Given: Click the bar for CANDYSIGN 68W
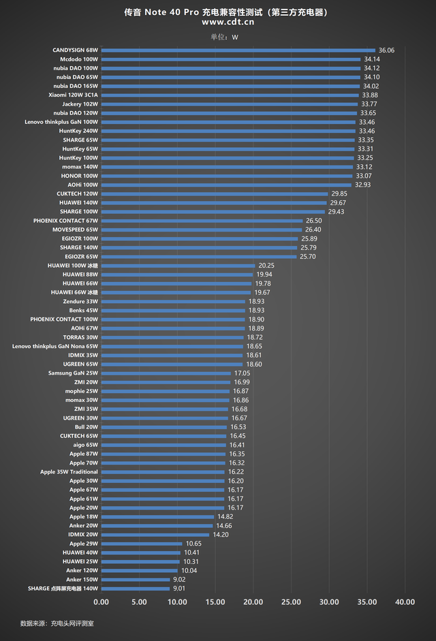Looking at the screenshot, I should click(x=238, y=50).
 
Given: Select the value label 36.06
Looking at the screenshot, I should click(x=386, y=50).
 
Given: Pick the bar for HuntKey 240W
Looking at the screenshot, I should click(x=229, y=131).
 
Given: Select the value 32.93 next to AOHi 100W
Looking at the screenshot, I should click(x=362, y=185).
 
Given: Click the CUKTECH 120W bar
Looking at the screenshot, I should click(x=215, y=193).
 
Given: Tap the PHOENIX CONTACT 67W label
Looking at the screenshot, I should click(x=65, y=221).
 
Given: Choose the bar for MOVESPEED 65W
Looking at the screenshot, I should click(x=202, y=230).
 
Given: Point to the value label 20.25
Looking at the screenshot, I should click(x=266, y=266).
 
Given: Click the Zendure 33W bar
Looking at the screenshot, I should click(x=173, y=301).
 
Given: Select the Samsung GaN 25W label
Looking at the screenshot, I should click(x=73, y=373).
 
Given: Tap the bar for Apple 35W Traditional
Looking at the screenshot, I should click(x=163, y=472).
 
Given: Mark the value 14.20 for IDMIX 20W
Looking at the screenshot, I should click(x=221, y=535).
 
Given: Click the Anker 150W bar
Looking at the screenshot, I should click(x=136, y=580).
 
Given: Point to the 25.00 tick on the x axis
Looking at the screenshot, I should click(x=291, y=602).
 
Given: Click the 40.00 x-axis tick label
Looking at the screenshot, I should click(x=405, y=602).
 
